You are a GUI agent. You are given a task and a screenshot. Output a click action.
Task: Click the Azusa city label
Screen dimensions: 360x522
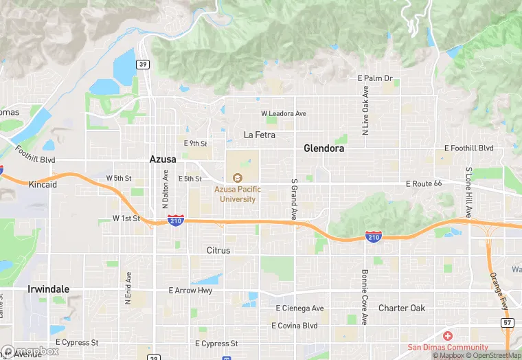point(163,159)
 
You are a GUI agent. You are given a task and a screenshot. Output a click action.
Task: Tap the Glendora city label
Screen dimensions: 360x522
point(324,148)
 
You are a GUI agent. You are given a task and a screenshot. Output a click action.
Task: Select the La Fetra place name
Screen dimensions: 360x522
point(260,135)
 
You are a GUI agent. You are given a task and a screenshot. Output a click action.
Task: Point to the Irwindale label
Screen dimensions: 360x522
point(48,289)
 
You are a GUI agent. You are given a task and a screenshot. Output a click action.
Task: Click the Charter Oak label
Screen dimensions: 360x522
point(402,308)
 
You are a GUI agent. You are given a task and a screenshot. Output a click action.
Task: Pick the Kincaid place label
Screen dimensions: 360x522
point(43,185)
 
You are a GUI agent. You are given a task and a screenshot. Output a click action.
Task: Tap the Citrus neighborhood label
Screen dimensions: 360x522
point(218,251)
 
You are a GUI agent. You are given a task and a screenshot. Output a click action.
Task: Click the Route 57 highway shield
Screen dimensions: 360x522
point(508,322)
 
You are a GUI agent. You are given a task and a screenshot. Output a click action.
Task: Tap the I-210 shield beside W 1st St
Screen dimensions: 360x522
point(176,221)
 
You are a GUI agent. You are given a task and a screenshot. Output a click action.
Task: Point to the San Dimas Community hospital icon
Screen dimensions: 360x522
point(448,336)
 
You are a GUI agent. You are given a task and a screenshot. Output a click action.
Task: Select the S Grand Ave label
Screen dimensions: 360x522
point(294,200)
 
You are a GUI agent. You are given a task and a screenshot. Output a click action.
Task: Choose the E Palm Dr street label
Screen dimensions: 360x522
point(375,78)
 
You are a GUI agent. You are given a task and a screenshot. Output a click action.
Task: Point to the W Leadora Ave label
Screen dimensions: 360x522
point(283,113)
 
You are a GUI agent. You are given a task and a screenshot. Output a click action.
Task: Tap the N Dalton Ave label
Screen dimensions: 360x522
point(165,189)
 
